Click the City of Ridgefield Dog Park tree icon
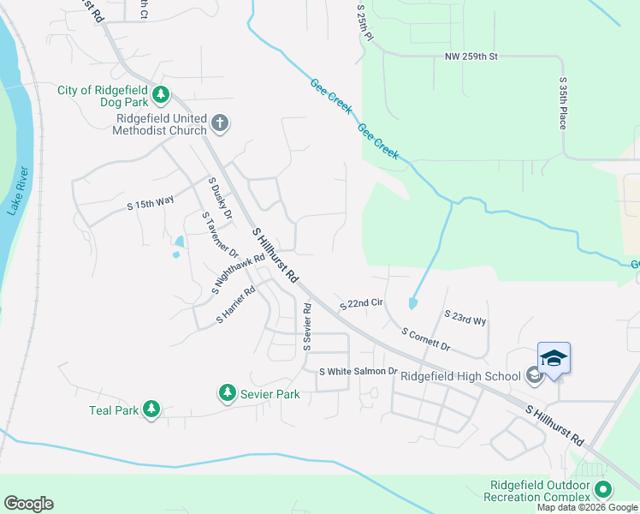160,95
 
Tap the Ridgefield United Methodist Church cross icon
219,123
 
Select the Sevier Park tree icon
228,393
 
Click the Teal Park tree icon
151,409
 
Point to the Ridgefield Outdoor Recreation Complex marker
603,490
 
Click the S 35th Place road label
563,104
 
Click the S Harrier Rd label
236,305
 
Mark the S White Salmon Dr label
359,372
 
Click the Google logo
28,504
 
